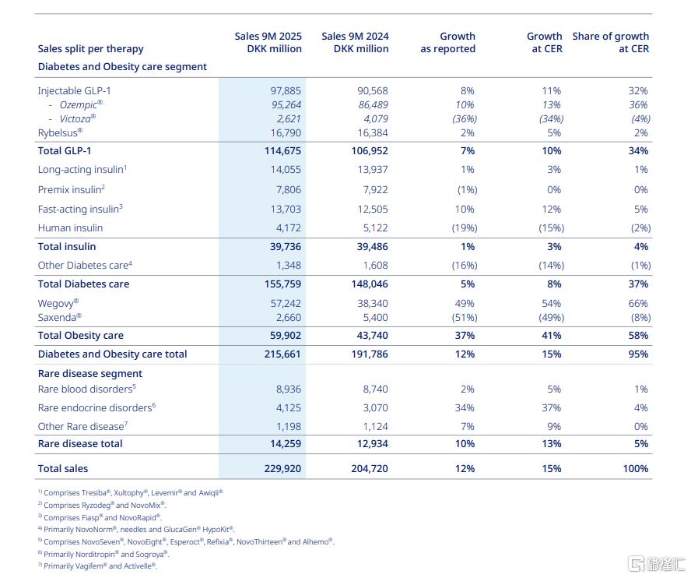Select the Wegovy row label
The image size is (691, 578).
point(58,303)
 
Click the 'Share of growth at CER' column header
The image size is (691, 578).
point(610,42)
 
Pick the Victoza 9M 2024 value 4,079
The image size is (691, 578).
point(371,118)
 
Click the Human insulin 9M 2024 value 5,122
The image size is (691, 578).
point(371,227)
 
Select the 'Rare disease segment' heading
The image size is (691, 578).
point(90,373)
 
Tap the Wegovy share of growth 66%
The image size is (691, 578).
point(637,303)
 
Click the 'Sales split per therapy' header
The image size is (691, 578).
point(90,49)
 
